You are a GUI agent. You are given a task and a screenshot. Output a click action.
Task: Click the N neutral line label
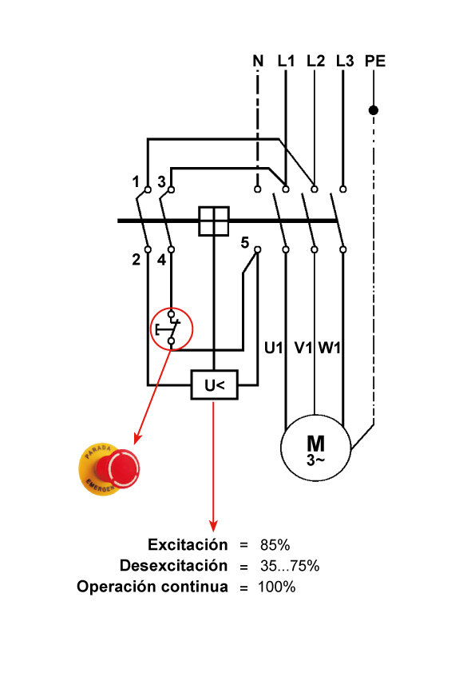(x=258, y=61)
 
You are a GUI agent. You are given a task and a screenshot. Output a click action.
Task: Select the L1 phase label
(x=286, y=61)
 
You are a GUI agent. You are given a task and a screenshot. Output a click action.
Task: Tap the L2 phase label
(x=315, y=61)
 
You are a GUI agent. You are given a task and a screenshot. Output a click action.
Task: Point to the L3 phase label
(x=344, y=61)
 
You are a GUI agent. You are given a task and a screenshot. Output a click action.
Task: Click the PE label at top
(x=374, y=61)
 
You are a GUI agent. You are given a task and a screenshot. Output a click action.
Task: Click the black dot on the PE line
(x=373, y=110)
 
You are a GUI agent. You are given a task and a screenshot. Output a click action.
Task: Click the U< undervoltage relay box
(x=214, y=386)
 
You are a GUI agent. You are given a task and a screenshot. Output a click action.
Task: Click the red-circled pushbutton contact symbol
(x=172, y=329)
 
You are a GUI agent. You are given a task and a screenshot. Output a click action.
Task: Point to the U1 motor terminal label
(x=275, y=348)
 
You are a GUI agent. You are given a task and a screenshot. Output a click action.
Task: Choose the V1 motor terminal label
(x=303, y=348)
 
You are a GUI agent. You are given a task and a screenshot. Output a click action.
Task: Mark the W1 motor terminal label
(x=331, y=348)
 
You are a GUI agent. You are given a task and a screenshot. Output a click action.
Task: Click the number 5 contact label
(x=245, y=242)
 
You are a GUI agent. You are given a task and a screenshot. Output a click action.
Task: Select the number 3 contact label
(x=161, y=181)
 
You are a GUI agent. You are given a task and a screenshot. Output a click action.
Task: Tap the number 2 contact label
(x=137, y=259)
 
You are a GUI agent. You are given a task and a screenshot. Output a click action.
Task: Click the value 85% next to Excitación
(x=275, y=545)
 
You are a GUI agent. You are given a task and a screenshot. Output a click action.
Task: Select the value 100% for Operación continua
(x=277, y=587)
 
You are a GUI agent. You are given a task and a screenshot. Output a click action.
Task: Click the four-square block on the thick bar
(x=214, y=221)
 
